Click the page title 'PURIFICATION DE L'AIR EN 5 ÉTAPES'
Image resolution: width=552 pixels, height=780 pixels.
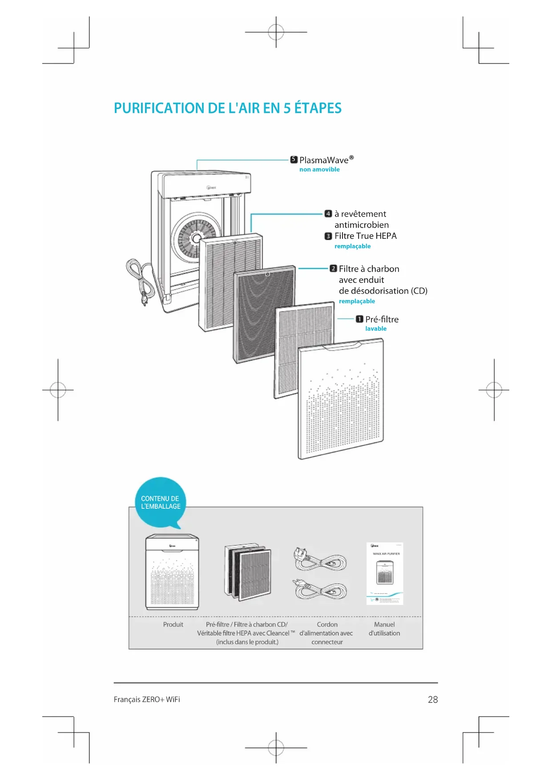point(227,108)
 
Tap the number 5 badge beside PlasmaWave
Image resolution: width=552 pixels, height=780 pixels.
point(294,159)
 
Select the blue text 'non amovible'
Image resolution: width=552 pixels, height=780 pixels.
point(319,169)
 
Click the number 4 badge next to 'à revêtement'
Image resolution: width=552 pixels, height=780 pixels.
point(328,213)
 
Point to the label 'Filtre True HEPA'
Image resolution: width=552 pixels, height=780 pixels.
point(365,236)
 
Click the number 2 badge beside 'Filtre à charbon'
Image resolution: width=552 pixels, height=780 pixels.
point(333,268)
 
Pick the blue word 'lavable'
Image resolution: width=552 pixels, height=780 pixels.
point(376,329)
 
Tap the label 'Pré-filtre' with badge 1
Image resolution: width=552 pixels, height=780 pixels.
point(382,319)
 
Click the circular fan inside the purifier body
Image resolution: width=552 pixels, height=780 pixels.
point(196,237)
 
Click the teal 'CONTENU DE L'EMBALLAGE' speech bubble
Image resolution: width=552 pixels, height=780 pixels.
point(160,503)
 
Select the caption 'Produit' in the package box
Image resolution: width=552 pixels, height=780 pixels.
point(173,624)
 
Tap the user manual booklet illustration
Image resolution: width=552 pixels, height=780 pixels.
point(385,573)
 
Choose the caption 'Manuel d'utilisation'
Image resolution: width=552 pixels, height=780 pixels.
point(384,629)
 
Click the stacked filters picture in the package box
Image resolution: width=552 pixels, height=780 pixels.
point(248,571)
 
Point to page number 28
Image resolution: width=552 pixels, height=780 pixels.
point(433,700)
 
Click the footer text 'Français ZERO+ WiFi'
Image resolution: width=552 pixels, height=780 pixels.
point(147,700)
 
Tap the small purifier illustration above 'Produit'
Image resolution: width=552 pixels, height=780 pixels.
point(173,572)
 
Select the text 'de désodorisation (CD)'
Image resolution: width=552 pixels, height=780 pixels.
point(383,291)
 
